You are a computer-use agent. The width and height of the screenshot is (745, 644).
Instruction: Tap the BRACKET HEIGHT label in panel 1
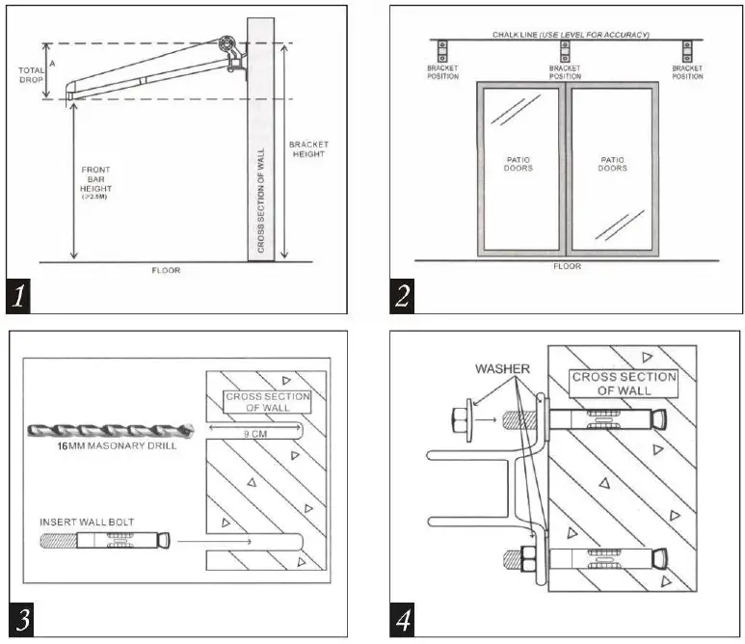(x=308, y=149)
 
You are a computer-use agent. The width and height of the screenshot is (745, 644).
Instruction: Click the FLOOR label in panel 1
(x=166, y=271)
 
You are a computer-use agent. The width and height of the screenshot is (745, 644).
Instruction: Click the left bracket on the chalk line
(x=444, y=51)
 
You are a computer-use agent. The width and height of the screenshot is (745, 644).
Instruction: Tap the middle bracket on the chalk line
(x=565, y=51)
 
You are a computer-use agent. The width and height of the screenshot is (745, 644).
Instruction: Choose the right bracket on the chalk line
(x=687, y=51)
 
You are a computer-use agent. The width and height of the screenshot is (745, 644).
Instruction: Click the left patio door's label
(x=519, y=164)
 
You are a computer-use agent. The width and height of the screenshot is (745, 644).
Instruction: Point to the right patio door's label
(x=612, y=164)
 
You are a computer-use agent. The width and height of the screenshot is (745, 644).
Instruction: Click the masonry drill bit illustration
(x=111, y=431)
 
